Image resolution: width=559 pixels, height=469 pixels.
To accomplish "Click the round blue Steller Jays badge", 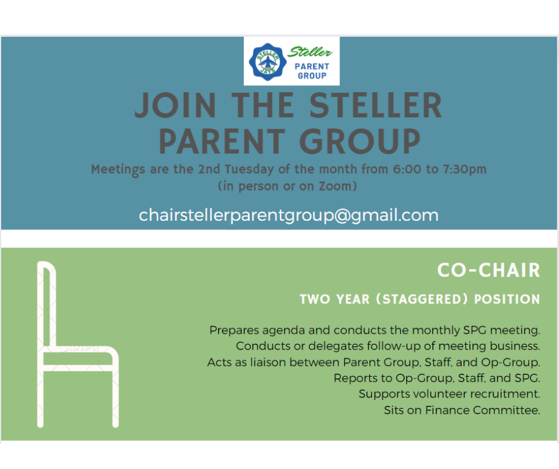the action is click(268, 62).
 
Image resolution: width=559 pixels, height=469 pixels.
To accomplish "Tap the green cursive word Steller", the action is click(310, 52).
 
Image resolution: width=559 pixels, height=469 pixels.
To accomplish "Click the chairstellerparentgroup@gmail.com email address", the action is click(288, 215).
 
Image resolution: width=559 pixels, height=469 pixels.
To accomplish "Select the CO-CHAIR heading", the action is click(489, 270).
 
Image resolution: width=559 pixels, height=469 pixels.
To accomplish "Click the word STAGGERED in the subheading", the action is click(422, 299).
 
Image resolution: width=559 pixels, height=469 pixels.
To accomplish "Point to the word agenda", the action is click(284, 330).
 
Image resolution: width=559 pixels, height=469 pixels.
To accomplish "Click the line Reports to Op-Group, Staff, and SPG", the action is click(436, 379).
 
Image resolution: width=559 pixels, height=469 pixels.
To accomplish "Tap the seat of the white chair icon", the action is click(78, 358).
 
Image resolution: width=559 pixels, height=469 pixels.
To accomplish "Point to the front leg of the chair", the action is click(115, 399).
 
